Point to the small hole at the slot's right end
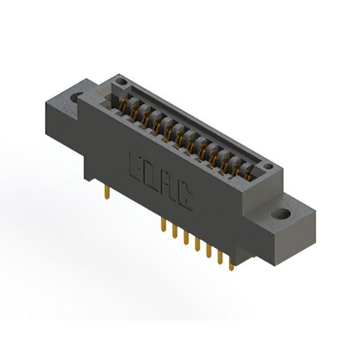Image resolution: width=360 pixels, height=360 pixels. pos(268,167)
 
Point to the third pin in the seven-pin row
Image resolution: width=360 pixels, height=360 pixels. pos(186,237)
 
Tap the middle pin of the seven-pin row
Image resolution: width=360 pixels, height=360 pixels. pos(197,244)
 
